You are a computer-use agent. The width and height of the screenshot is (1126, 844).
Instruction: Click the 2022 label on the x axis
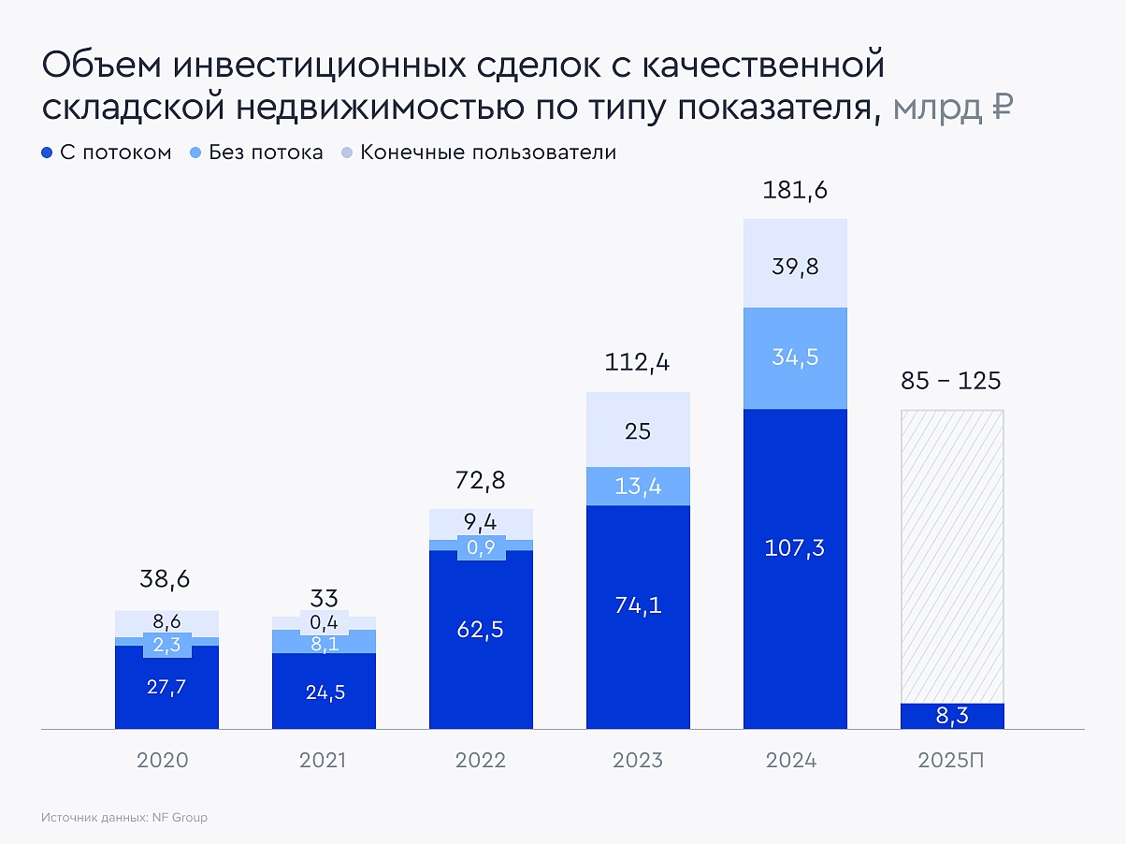coord(481,760)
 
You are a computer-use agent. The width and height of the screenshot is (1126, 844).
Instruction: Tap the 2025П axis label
coord(951,760)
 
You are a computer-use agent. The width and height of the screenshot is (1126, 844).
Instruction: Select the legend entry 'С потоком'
coord(107,153)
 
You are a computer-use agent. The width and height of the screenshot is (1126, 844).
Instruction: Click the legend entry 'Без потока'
coord(256,153)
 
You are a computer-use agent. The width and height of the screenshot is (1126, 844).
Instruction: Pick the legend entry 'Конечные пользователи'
coord(479,153)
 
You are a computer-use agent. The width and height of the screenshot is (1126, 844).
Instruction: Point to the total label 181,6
coord(795,191)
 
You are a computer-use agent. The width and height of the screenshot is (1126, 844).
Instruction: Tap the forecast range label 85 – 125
coord(951,382)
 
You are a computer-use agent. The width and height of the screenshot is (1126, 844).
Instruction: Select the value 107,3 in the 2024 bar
coord(795,548)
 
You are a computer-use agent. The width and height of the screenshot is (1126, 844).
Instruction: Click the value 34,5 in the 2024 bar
coord(795,357)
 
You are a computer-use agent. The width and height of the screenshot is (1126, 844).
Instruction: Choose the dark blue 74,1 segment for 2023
coord(638,605)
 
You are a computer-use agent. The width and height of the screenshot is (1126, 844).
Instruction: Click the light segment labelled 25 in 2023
coord(638,431)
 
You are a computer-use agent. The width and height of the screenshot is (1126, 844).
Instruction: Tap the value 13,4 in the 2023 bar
coord(638,486)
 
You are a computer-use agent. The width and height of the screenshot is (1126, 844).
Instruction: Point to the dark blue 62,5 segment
coord(481,630)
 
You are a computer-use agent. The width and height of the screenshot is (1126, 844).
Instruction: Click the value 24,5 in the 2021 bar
coord(324,693)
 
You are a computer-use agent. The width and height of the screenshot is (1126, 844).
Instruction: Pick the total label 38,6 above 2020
coord(166,580)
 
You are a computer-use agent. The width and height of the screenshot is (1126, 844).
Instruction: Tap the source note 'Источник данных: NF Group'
coord(124,817)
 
